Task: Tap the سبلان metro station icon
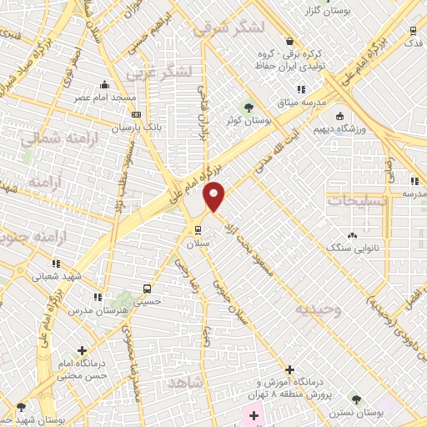[x=198, y=230]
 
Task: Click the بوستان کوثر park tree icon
[x=247, y=107]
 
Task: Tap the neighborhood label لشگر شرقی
[x=229, y=29]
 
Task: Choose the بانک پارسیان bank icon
[x=137, y=114]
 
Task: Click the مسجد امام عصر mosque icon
[x=103, y=84]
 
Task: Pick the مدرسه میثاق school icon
[x=302, y=89]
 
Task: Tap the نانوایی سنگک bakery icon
[x=352, y=235]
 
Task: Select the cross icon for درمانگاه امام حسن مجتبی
[x=83, y=351]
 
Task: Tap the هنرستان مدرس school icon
[x=98, y=296]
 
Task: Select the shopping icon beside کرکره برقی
[x=289, y=41]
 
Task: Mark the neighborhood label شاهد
[x=185, y=382]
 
